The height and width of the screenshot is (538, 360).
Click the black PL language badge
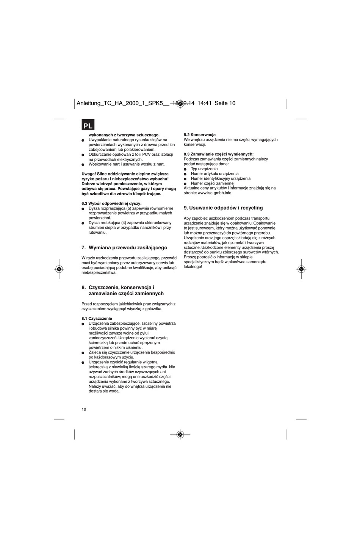pos(88,125)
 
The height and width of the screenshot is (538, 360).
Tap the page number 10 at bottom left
pos(84,409)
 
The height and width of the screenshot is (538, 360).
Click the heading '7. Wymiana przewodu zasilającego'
pos(124,248)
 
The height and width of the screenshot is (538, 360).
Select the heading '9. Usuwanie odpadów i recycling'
pos(223,208)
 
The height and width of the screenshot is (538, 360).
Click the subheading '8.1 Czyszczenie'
pos(97,318)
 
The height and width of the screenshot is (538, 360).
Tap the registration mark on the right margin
pos(301,269)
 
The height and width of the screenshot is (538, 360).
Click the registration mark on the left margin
pos(59,269)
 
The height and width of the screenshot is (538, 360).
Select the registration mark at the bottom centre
pos(180,434)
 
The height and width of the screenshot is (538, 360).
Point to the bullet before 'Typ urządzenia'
pos(186,169)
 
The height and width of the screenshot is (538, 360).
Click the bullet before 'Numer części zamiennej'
pos(186,183)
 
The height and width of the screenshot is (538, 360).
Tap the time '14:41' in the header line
pos(204,103)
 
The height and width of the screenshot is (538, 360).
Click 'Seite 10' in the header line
pos(225,103)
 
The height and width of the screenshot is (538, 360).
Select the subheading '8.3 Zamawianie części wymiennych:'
pos(219,154)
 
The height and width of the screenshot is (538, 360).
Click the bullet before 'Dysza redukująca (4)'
pos(83,223)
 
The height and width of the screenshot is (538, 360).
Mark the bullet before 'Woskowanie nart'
pos(83,164)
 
